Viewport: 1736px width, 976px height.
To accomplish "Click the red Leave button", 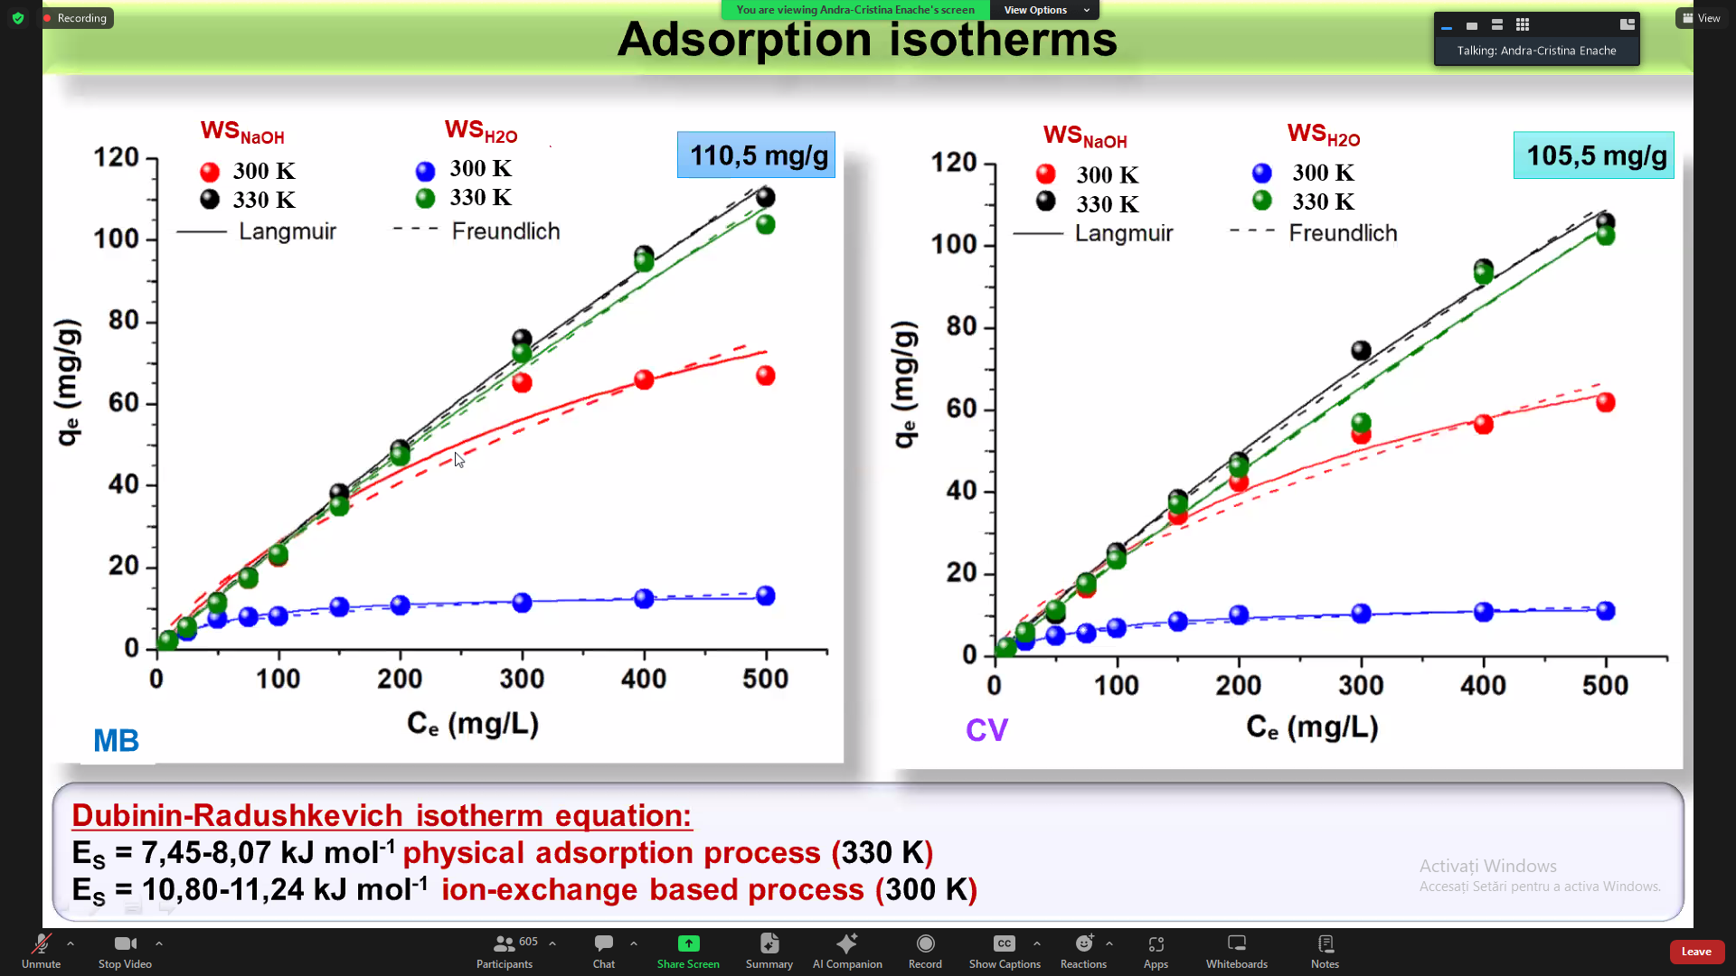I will [1696, 952].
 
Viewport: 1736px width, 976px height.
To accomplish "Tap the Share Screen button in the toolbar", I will [688, 951].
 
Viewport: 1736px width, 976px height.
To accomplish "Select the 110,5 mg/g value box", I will [757, 155].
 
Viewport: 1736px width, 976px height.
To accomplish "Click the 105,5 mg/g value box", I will [1594, 155].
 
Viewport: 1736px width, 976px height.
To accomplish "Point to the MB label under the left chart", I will [116, 741].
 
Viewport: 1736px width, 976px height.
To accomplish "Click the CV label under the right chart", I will [986, 730].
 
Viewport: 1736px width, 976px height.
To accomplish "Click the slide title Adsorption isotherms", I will [867, 40].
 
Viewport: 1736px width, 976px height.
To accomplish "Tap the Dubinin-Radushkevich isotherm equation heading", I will [382, 815].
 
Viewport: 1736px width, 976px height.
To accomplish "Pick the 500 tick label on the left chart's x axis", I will [765, 679].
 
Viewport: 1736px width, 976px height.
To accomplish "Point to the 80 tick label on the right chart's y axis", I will [961, 326].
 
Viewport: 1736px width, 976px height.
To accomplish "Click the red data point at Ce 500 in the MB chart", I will [766, 376].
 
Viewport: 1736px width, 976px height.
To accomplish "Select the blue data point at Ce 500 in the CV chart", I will [1606, 611].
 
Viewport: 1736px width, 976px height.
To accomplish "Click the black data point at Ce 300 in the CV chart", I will [1361, 350].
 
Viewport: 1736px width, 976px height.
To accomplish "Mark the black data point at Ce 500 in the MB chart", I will [766, 197].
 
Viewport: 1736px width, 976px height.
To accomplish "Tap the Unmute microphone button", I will [42, 951].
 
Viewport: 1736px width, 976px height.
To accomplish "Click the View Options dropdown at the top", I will [1046, 10].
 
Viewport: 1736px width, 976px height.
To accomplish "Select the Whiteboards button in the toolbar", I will [1236, 951].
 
